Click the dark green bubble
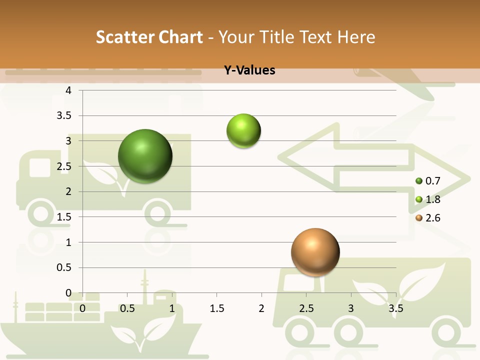coord(145,156)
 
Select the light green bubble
coord(244,131)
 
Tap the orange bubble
coord(315,252)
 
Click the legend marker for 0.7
coord(419,181)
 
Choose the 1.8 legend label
coord(433,199)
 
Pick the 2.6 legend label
coord(433,218)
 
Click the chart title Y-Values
coord(249,70)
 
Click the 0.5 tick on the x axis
coord(127,309)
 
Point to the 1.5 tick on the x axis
coord(217,309)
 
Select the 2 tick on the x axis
coord(261,309)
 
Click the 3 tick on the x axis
coord(351,309)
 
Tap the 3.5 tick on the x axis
coord(395,309)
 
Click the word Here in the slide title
coord(356,37)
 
